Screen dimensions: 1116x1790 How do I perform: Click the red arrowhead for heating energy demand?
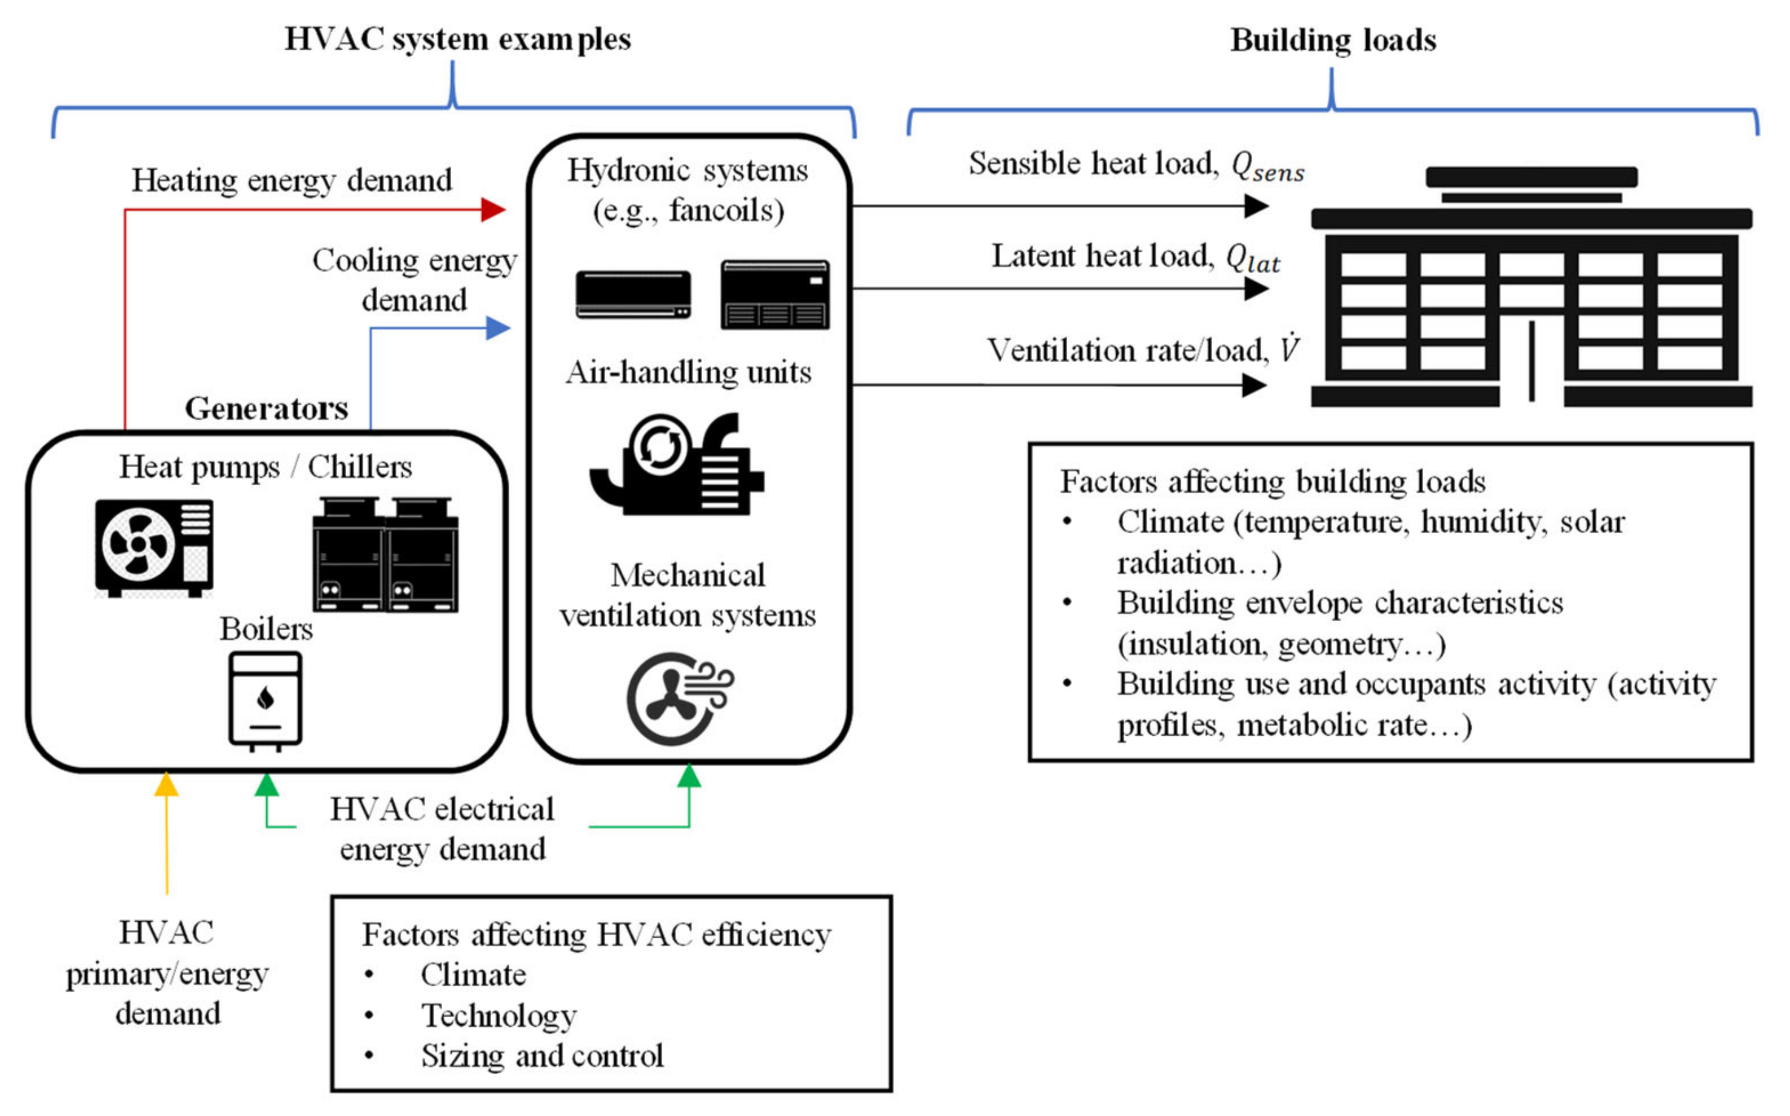[493, 210]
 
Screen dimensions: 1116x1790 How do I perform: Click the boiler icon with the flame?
[266, 700]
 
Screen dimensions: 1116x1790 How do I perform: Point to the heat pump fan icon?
[154, 547]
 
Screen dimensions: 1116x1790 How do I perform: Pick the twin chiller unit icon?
[385, 555]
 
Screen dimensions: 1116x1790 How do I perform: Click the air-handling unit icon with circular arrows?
[676, 465]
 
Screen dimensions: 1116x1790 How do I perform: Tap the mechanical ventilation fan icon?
[679, 698]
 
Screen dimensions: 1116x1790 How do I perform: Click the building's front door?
[1532, 361]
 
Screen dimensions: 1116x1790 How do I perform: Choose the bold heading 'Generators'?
[266, 408]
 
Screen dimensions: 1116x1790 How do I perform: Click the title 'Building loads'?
[1333, 40]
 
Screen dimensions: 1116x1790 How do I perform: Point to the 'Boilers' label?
[266, 629]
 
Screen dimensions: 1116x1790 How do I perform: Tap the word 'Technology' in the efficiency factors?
[499, 1015]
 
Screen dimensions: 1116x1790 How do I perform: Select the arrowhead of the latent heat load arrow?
[1256, 289]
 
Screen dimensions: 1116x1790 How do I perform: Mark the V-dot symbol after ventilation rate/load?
[1289, 348]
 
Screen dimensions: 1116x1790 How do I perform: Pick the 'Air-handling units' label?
[688, 372]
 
